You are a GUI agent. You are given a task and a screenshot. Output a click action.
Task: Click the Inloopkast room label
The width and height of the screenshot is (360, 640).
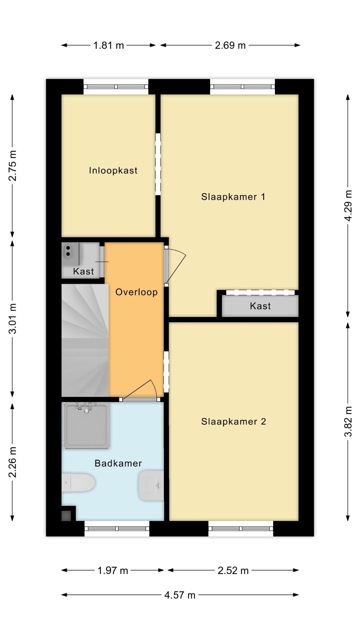[113, 170]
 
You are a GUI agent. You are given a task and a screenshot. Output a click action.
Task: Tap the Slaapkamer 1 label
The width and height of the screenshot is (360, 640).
[233, 197]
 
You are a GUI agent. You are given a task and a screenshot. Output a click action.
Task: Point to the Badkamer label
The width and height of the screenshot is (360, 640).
[118, 463]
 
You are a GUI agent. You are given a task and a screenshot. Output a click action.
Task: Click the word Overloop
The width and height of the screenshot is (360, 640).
[137, 292]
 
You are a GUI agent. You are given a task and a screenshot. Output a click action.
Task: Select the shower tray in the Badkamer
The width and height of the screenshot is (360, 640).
[87, 425]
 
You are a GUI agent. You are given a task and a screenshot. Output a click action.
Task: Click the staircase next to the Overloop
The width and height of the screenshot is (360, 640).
[85, 340]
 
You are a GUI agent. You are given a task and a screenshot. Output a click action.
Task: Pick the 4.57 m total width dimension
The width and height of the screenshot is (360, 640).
[180, 595]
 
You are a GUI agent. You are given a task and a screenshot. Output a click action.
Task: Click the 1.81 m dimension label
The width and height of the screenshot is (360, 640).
[108, 45]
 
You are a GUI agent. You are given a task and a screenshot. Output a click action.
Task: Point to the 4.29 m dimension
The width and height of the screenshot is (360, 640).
[348, 206]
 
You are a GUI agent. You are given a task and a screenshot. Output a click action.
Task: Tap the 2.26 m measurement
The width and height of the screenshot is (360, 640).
[12, 462]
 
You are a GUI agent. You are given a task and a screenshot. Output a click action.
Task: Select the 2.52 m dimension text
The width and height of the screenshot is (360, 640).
[233, 570]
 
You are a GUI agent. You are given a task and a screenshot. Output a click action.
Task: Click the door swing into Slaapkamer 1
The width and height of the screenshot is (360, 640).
[175, 266]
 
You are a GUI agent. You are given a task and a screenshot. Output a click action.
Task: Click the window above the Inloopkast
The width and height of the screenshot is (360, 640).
[116, 87]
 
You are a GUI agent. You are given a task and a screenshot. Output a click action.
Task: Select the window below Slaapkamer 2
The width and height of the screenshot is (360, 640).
[241, 529]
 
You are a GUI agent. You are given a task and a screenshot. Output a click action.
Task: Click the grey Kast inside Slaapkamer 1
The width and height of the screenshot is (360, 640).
[260, 306]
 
